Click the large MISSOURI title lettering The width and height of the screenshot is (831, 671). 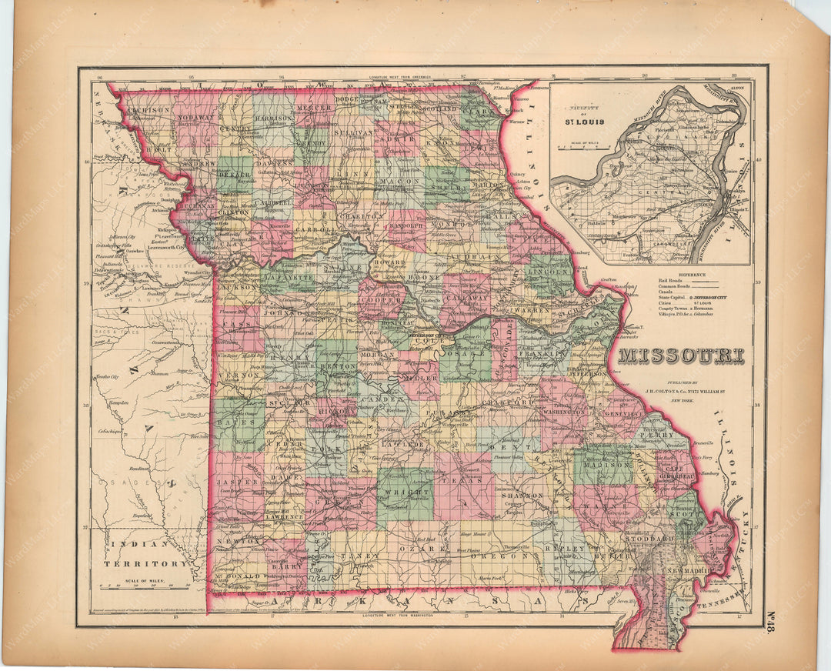pos(680,356)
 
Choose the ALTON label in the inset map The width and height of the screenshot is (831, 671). pos(736,89)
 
